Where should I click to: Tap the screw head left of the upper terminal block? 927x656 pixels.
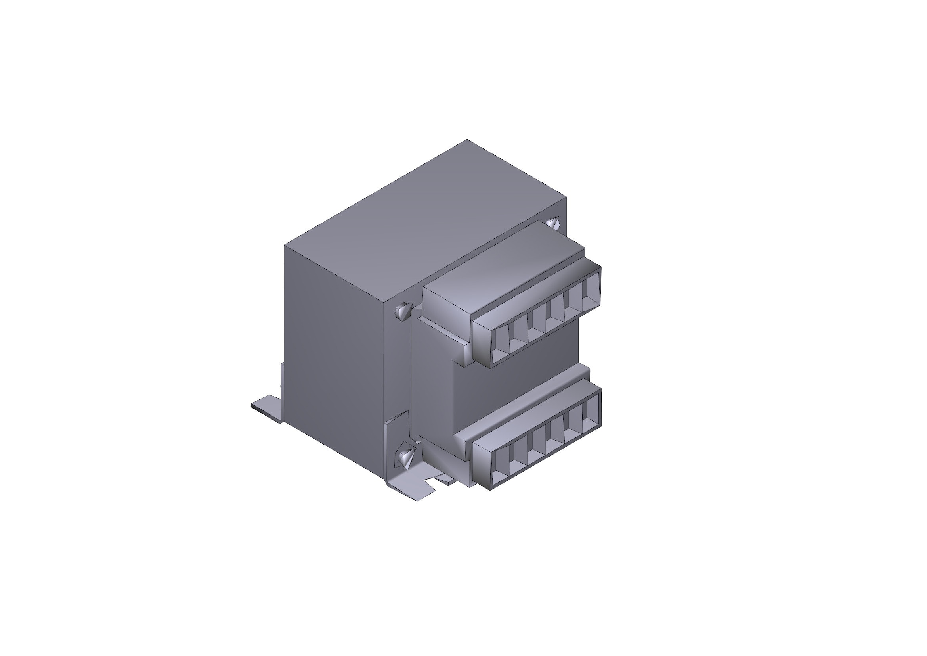coord(403,311)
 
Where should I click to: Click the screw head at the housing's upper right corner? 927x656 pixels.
coord(553,223)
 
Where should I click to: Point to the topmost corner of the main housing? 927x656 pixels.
coord(467,140)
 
